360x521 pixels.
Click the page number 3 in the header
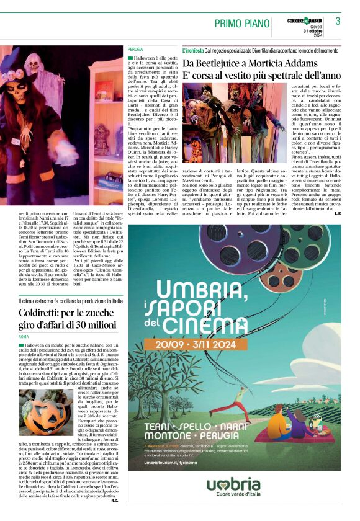tap(338, 21)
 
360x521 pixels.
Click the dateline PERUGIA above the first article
tap(135, 48)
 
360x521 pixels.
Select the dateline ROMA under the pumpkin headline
tap(24, 336)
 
